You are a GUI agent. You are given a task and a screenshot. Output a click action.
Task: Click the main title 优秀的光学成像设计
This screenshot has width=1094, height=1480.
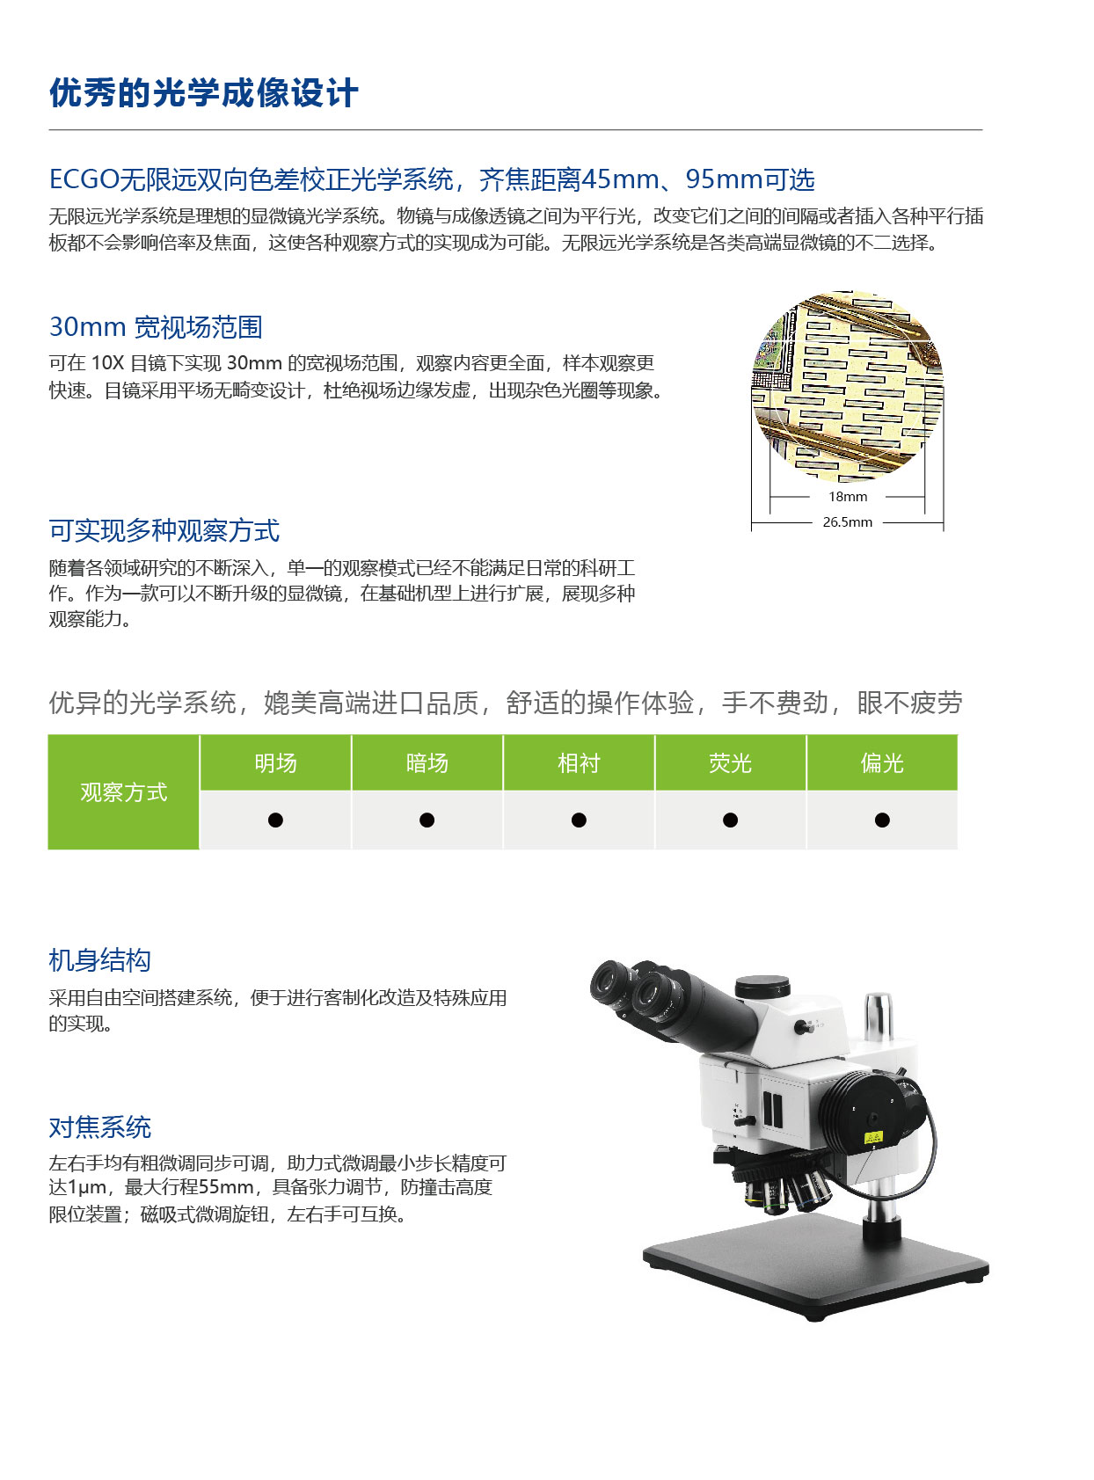[x=203, y=93]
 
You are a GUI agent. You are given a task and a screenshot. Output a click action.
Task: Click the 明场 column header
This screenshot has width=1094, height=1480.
[x=275, y=763]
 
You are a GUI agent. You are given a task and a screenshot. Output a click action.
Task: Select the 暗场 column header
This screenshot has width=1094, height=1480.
[x=427, y=763]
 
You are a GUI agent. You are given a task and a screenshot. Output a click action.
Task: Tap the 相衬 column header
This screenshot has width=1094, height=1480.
[x=579, y=763]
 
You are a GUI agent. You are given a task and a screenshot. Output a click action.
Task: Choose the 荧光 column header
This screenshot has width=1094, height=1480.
[x=730, y=763]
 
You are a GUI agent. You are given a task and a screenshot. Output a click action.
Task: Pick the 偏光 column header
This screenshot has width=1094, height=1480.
[x=882, y=763]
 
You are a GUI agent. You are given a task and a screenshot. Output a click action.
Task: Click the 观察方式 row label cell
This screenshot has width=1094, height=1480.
[x=123, y=792]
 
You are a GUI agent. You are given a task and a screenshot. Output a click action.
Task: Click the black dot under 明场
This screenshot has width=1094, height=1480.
[x=275, y=820]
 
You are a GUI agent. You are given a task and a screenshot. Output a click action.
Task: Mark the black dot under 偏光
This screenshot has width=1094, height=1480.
[x=882, y=820]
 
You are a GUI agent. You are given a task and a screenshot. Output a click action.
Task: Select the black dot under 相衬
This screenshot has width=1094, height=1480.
[x=579, y=820]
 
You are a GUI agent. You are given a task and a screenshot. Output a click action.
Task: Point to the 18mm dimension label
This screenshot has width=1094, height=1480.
[x=848, y=497]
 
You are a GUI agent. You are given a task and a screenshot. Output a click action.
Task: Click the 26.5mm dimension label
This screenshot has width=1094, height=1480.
[x=848, y=522]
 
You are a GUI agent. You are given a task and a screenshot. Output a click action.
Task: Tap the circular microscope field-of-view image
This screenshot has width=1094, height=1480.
[x=848, y=387]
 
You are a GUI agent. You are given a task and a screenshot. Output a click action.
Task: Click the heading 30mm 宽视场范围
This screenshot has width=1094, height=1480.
[x=156, y=327]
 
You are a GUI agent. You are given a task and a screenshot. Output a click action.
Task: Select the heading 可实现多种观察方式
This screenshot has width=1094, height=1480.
[x=164, y=531]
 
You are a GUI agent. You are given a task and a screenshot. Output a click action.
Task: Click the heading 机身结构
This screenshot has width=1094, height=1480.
[x=99, y=960]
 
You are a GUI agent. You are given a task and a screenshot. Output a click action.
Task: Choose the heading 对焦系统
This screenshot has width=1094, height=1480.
[x=99, y=1127]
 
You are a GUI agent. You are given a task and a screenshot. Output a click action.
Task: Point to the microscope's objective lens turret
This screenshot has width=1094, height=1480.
[x=783, y=1183]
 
